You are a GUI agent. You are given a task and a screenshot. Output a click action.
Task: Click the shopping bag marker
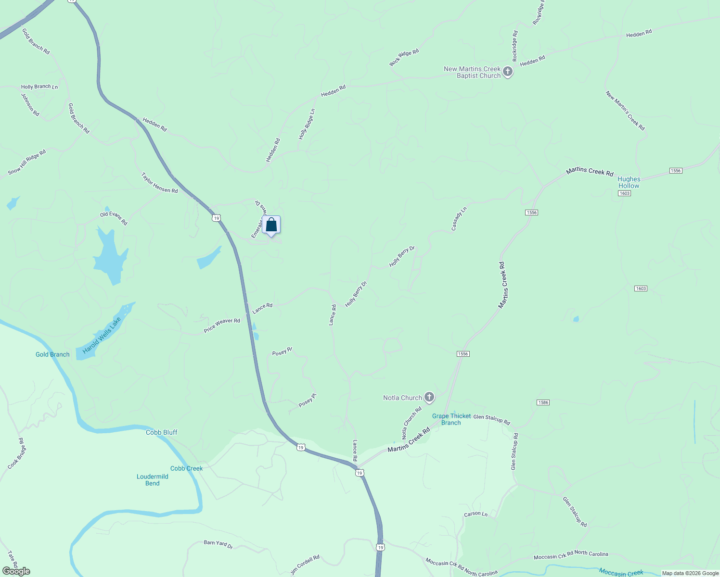(271, 225)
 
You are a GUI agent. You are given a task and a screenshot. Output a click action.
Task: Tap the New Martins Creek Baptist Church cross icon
(507, 73)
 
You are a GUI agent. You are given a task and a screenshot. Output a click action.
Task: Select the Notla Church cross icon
(429, 398)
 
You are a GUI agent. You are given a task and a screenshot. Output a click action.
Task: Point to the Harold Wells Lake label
(102, 336)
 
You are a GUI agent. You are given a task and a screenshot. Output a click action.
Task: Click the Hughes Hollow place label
(629, 182)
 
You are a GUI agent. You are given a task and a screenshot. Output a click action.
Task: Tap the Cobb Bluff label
(162, 432)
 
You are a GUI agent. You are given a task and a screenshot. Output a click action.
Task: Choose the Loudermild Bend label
(153, 480)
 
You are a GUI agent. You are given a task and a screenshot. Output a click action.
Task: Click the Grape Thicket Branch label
(451, 419)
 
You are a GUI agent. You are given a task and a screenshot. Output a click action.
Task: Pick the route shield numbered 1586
(543, 402)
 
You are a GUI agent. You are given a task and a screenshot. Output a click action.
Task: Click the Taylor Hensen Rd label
(159, 183)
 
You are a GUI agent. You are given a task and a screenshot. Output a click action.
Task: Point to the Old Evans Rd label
(114, 218)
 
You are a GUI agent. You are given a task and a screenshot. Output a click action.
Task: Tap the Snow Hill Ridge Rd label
(27, 162)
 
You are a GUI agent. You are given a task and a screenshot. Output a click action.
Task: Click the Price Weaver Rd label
(222, 325)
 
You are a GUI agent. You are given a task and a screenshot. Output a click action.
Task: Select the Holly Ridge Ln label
(307, 124)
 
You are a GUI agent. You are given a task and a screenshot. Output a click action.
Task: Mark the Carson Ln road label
(476, 514)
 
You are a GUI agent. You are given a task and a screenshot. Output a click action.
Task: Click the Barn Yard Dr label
(218, 544)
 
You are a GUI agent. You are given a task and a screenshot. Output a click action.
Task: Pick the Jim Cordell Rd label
(305, 565)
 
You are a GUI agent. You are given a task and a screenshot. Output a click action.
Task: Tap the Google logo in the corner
(16, 571)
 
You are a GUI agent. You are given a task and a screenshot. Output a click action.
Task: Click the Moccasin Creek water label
(621, 572)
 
